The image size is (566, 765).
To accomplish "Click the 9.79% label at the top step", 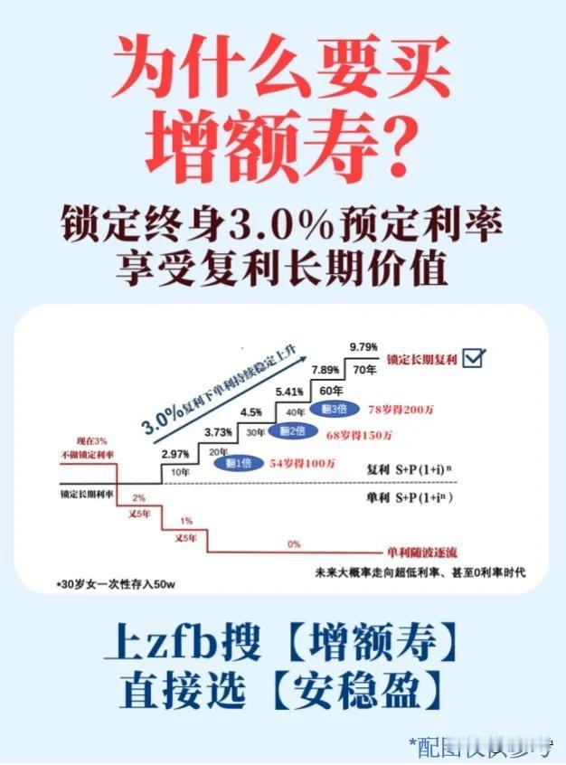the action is click(363, 345).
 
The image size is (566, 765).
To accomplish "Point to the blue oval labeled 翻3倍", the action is click(330, 409).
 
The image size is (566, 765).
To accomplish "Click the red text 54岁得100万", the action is click(303, 464).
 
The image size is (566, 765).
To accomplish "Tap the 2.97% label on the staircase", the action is click(175, 454).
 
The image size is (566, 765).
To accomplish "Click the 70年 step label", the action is click(363, 369).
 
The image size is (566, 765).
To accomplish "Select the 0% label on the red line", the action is click(294, 544).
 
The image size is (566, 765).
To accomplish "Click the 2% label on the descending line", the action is click(139, 498).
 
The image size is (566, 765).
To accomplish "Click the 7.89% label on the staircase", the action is click(326, 371).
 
